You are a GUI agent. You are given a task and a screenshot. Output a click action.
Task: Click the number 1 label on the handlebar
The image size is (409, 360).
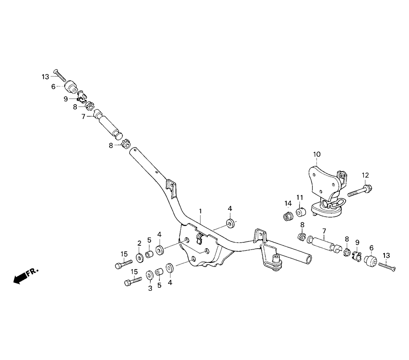coord(201,211)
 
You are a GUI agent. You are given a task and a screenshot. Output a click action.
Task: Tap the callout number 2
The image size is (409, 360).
coord(139,243)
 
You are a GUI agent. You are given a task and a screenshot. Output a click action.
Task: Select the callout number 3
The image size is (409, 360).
coord(150,288)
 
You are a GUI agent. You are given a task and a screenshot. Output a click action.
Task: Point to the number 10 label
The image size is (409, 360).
coord(317,154)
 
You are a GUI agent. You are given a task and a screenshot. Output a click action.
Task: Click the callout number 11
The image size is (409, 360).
coord(299,198)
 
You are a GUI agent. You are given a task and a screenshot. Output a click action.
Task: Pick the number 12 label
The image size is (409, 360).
coord(365,175)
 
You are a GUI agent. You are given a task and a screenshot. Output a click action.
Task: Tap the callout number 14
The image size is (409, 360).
coord(288,203)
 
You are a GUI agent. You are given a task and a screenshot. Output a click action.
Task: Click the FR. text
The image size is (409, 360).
coord(32,272)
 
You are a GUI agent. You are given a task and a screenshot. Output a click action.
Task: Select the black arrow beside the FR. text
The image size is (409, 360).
coord(18,279)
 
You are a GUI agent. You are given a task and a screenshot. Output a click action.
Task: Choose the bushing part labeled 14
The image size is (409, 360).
coord(288,215)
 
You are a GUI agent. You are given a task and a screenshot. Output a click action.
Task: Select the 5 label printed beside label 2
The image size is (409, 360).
coord(149,240)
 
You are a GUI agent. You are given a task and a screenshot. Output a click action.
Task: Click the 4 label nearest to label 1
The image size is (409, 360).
coord(230,209)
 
